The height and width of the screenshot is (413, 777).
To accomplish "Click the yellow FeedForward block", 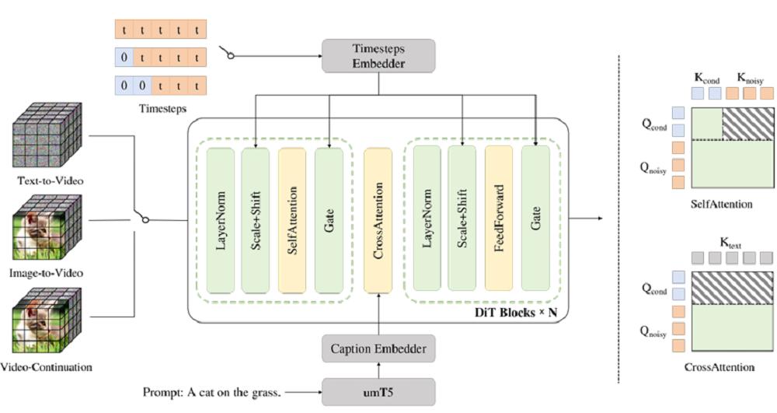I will [x=498, y=220].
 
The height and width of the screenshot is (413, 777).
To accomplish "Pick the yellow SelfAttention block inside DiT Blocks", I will [x=292, y=220].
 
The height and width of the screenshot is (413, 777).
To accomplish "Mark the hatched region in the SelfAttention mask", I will [x=748, y=123].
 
